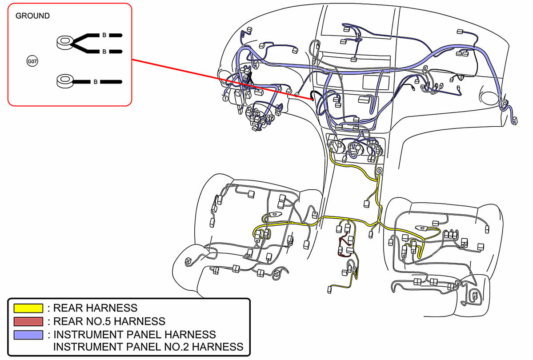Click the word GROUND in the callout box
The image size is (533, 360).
click(32, 16)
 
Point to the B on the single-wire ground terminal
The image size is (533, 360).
click(96, 82)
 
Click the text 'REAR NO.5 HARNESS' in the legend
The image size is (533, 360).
click(109, 321)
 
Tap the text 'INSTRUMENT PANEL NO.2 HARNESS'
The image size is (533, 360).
click(148, 347)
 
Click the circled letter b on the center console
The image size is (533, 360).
click(379, 170)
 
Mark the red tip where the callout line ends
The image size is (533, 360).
click(313, 99)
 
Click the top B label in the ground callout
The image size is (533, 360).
click(104, 35)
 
